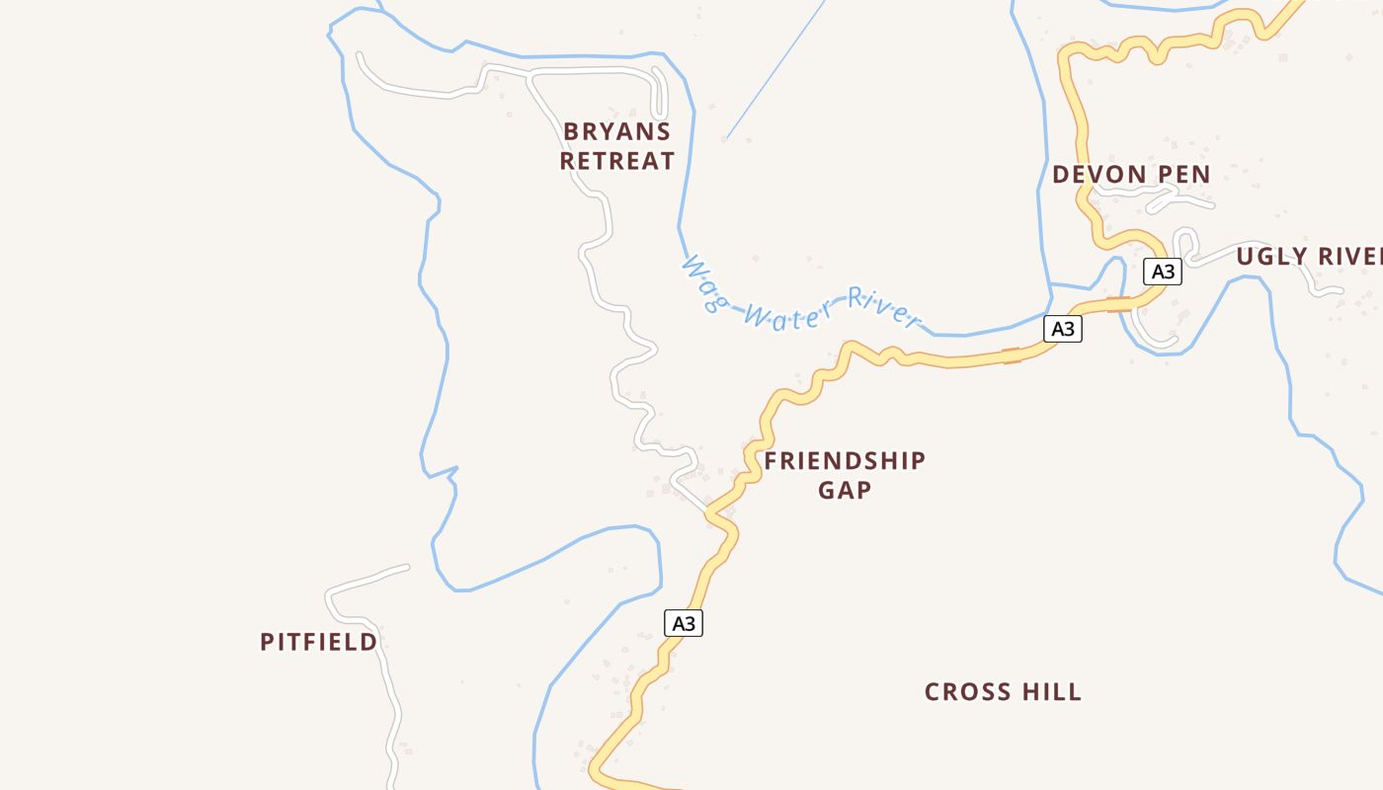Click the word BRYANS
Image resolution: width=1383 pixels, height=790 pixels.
tap(616, 131)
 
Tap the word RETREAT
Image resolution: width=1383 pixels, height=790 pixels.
tap(616, 161)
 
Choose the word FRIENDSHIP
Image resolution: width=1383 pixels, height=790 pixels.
tap(845, 460)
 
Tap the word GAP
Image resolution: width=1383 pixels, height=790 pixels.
tap(845, 490)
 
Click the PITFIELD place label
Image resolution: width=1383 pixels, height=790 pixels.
tap(318, 642)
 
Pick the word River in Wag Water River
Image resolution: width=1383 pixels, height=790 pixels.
tap(882, 307)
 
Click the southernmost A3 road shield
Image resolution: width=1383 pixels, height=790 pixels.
tap(684, 623)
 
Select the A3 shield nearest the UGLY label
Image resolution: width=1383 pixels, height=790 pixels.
tap(1163, 271)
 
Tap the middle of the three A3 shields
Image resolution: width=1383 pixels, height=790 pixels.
tap(1062, 328)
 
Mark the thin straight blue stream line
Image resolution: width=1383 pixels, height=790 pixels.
tap(775, 69)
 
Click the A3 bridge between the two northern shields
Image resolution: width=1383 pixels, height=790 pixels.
tap(1118, 304)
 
